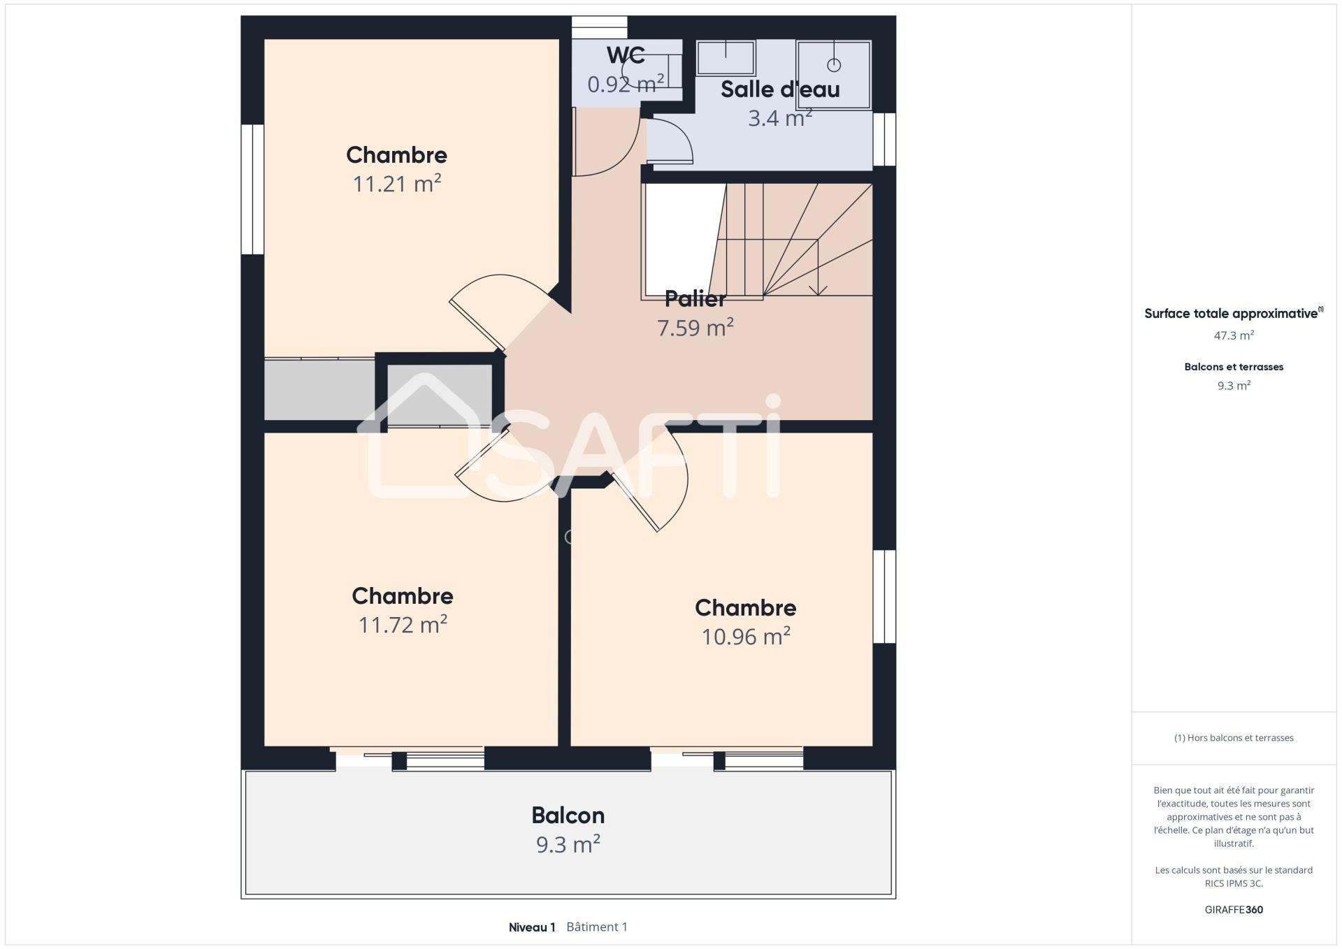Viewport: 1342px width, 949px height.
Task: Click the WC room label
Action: (626, 55)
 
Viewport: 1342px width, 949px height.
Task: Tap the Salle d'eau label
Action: (780, 89)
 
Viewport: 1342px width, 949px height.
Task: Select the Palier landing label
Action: (695, 298)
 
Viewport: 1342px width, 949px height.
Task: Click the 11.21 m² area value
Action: (397, 184)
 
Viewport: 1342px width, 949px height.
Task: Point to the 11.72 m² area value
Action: (403, 624)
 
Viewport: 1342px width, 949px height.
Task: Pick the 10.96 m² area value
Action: (746, 636)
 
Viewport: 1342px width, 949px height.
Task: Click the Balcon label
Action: (568, 816)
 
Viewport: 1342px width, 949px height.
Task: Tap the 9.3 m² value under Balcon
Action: (568, 844)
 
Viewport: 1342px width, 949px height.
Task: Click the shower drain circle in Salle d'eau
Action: (834, 65)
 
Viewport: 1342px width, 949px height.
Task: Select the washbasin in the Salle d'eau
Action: (726, 57)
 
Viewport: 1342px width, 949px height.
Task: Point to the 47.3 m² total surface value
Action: (1234, 335)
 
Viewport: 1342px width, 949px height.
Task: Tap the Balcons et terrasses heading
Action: (1234, 367)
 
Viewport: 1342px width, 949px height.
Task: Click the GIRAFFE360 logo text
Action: (1234, 910)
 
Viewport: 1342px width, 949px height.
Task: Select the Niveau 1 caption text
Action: (532, 927)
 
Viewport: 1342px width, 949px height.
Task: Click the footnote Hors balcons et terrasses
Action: (1234, 738)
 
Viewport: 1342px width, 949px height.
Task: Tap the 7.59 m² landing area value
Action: (695, 327)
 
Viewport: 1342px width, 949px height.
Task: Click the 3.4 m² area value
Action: (780, 118)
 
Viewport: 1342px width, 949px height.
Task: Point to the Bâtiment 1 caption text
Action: (597, 927)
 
